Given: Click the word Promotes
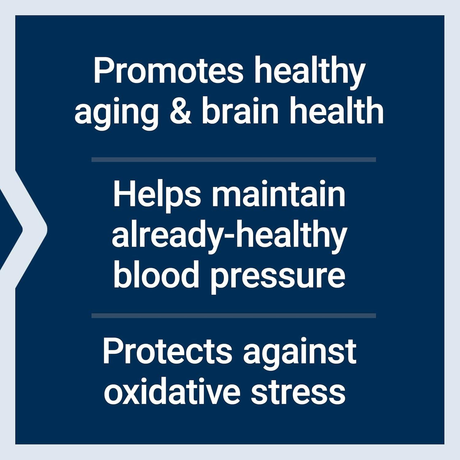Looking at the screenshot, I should click(169, 71).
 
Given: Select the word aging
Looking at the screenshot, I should click(116, 114).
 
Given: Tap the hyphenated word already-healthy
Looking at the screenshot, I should click(229, 237).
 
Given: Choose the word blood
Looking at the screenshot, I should click(156, 275).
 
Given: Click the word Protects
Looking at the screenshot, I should click(167, 351).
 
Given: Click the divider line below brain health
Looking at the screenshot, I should click(234, 160).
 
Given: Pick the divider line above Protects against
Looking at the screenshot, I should click(234, 316).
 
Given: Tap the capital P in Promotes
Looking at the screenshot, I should click(101, 70).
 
